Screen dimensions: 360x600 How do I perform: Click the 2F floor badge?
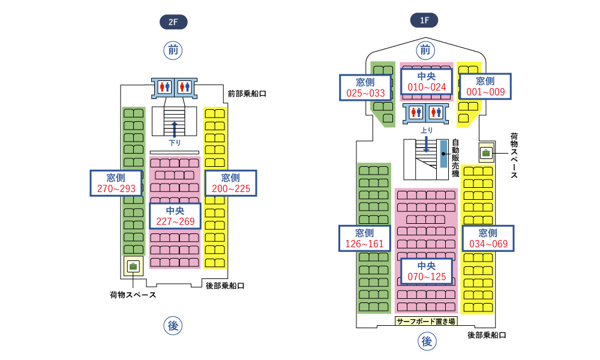(x=173, y=23)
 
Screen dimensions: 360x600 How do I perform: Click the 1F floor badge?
(x=424, y=20)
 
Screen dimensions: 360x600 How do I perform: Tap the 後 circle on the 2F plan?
(x=173, y=326)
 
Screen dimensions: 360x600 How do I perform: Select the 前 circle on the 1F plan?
(x=425, y=49)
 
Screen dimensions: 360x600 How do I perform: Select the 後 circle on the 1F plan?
(x=427, y=341)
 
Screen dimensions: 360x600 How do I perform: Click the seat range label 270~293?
(x=116, y=183)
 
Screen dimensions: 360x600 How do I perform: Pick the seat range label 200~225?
(x=230, y=183)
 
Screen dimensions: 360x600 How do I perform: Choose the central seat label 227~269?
(x=175, y=216)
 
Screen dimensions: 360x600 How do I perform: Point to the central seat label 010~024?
(x=427, y=81)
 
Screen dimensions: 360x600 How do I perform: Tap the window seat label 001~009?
(x=485, y=86)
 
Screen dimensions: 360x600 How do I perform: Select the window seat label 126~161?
(x=365, y=238)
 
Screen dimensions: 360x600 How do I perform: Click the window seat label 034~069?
(x=488, y=238)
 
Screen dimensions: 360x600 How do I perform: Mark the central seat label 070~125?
(x=426, y=271)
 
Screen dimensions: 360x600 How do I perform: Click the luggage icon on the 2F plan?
(x=133, y=266)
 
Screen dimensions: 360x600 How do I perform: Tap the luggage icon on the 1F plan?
(x=486, y=152)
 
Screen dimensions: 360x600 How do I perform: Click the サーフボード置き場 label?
(x=426, y=321)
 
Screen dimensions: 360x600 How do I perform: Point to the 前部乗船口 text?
(x=247, y=94)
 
